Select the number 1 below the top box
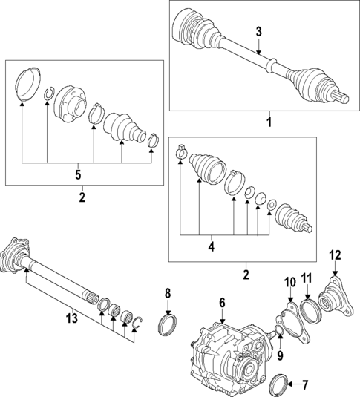[269, 120]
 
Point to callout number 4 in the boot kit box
[211, 246]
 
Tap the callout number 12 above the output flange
[335, 255]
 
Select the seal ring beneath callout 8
[168, 324]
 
